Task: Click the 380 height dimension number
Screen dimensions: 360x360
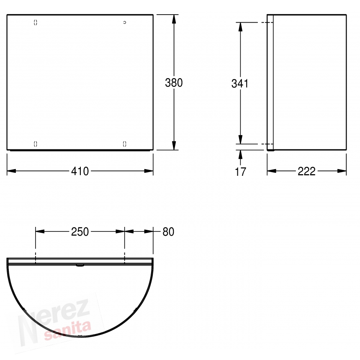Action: pos(174,82)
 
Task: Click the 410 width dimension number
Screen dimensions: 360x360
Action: pos(80,171)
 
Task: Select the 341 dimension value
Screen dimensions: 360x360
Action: pos(240,84)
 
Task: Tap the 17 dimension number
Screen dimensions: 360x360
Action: pos(240,172)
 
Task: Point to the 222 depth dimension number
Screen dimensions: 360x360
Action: pos(306,171)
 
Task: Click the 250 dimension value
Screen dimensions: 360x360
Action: pos(80,232)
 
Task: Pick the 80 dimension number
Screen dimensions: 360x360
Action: pos(168,232)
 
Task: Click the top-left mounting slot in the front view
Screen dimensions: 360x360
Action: pos(35,22)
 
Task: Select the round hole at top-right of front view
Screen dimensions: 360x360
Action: pos(125,22)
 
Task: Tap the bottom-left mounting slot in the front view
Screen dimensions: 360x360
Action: pos(35,144)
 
